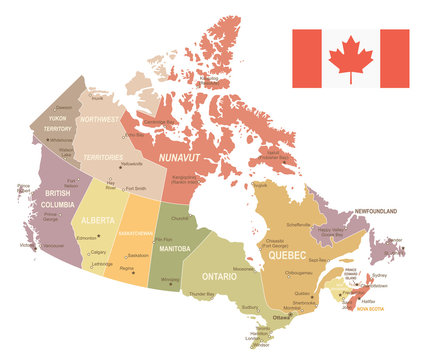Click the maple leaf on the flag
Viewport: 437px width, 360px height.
351,58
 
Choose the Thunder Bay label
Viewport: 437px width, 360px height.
204,294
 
